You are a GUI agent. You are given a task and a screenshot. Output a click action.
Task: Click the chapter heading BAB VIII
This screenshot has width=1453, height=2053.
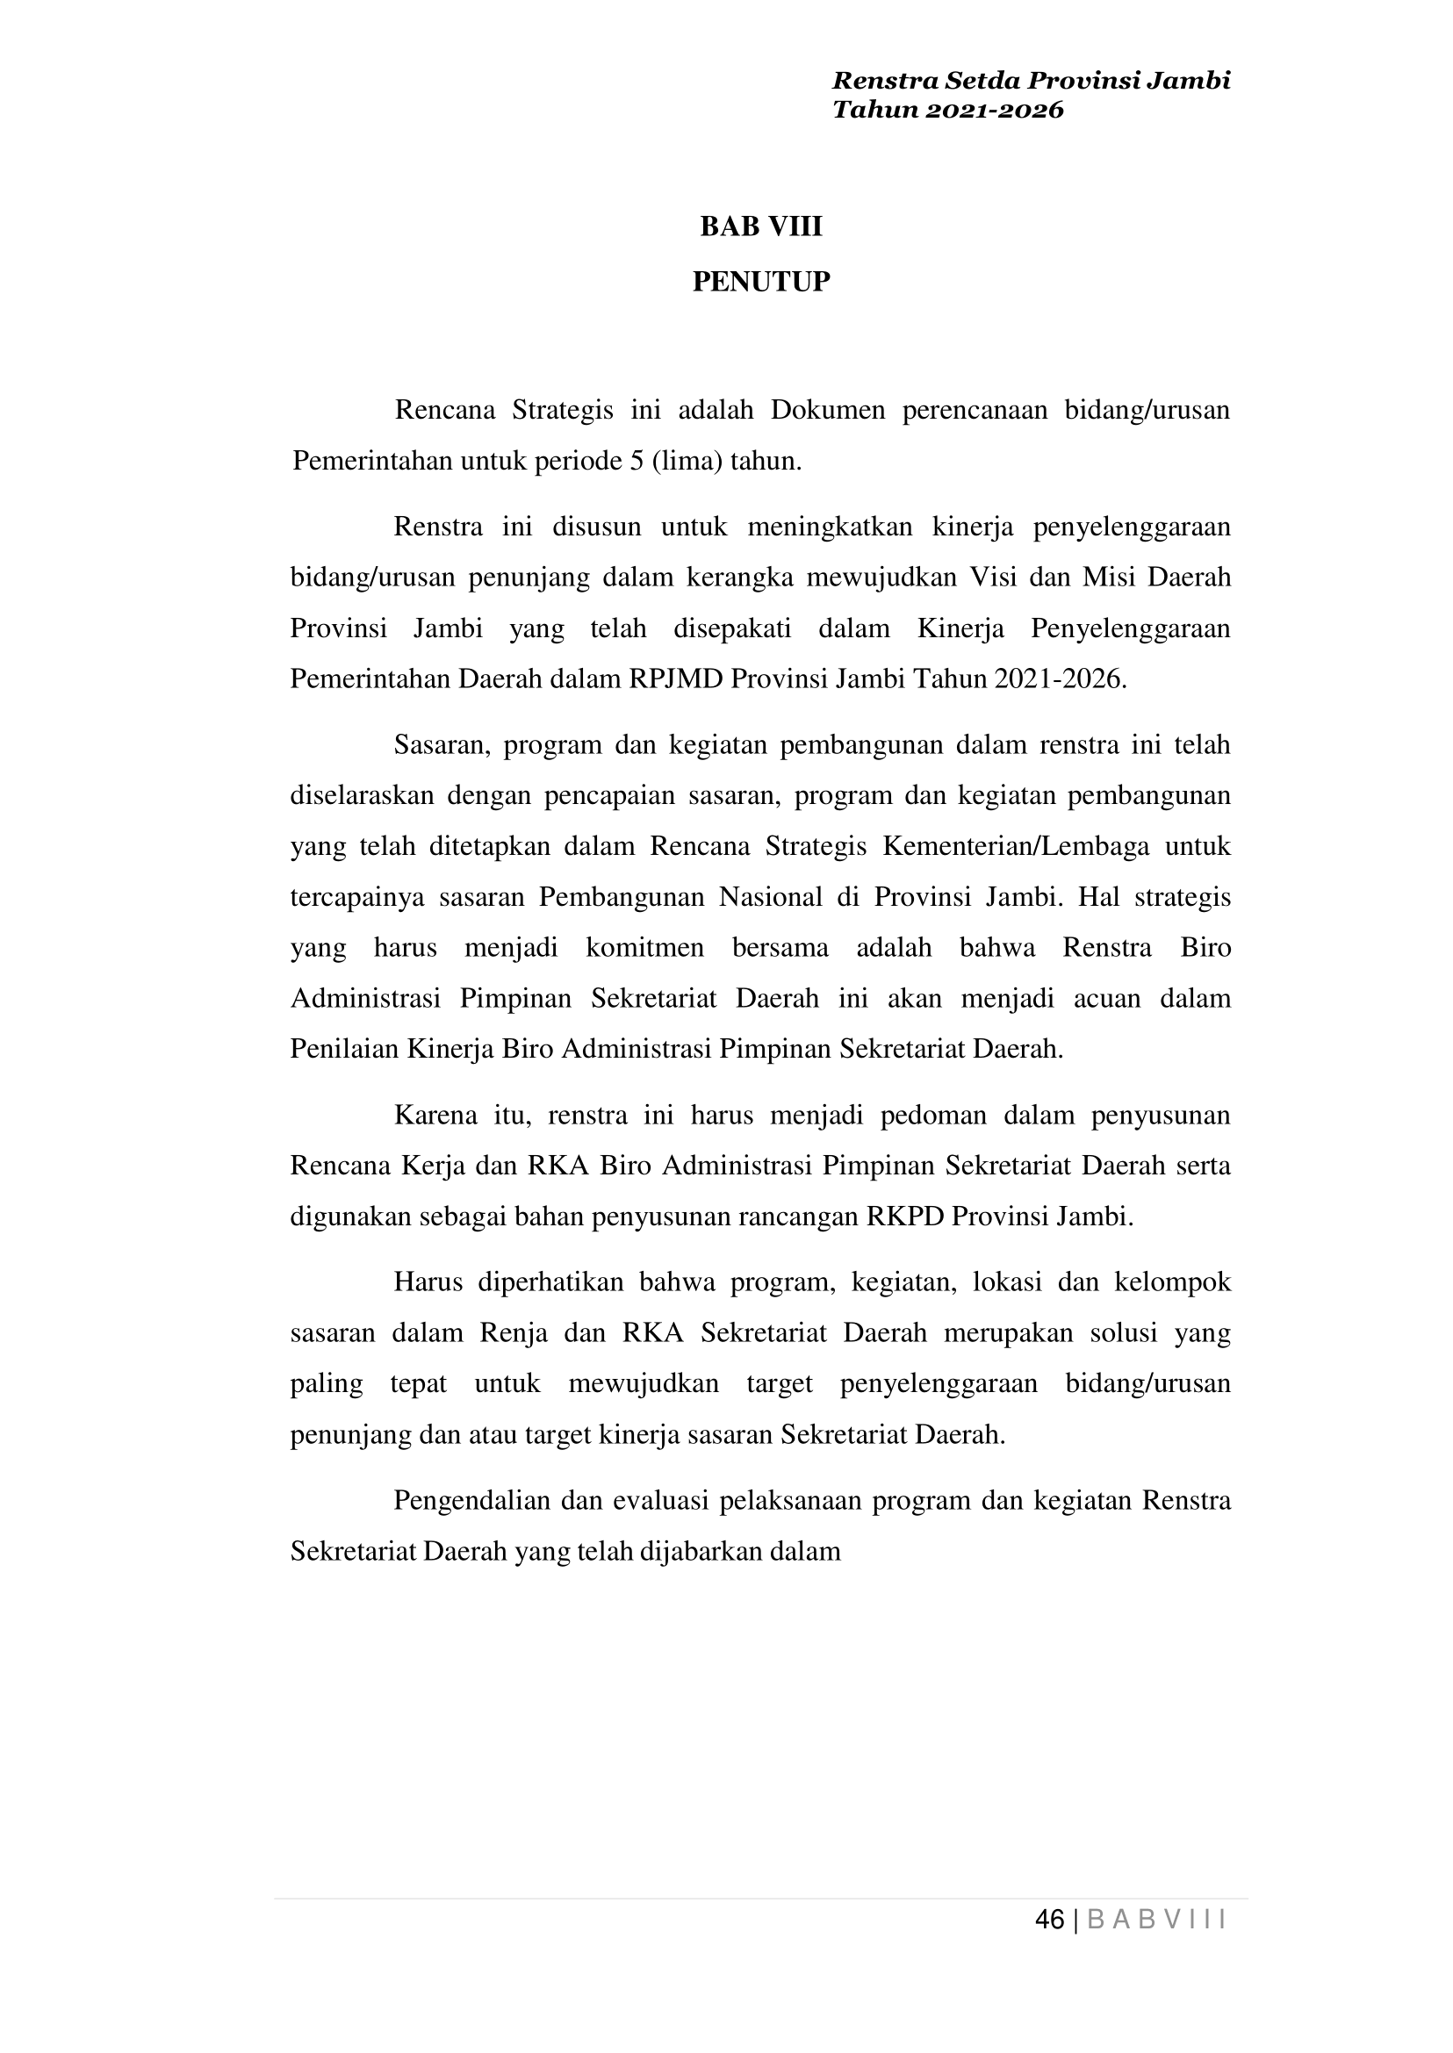click(760, 227)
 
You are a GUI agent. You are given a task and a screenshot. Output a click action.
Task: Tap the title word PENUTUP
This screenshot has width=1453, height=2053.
click(760, 282)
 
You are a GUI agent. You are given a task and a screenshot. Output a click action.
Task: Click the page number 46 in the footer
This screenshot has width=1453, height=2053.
click(1048, 1920)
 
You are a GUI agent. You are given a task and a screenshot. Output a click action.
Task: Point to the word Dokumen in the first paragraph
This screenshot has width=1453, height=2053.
click(828, 410)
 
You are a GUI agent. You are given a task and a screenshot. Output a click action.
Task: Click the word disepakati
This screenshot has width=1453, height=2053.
click(732, 628)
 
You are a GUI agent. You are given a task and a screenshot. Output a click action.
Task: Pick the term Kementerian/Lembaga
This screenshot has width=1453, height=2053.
click(1016, 845)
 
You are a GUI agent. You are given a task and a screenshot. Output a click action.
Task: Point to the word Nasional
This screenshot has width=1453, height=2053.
click(770, 896)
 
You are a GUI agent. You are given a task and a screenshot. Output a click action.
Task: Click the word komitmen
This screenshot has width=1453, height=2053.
click(644, 947)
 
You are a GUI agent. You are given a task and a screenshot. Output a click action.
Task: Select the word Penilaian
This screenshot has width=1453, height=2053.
click(344, 1048)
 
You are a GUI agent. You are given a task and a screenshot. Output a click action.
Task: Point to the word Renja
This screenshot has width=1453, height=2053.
click(514, 1334)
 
